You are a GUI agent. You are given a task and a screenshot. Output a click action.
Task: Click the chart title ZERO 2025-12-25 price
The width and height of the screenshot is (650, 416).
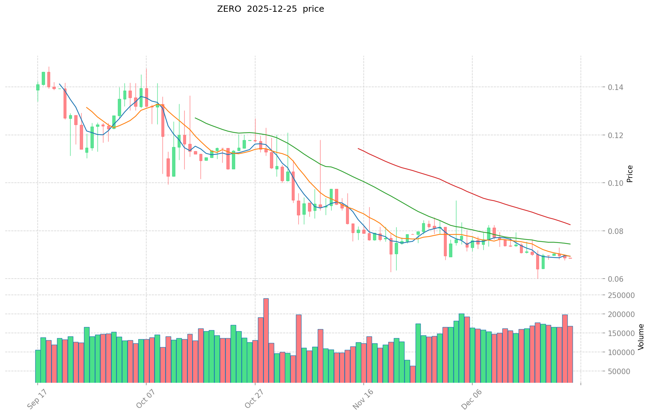point(270,9)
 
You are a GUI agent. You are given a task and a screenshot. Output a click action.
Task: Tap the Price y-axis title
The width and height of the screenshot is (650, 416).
point(630,174)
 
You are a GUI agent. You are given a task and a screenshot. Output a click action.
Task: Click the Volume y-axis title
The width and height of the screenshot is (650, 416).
point(641,337)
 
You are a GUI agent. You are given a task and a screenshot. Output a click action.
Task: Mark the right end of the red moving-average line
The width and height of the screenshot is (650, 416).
point(570,225)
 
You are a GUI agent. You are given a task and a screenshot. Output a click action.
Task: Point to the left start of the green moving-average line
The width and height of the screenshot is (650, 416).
point(195,118)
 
